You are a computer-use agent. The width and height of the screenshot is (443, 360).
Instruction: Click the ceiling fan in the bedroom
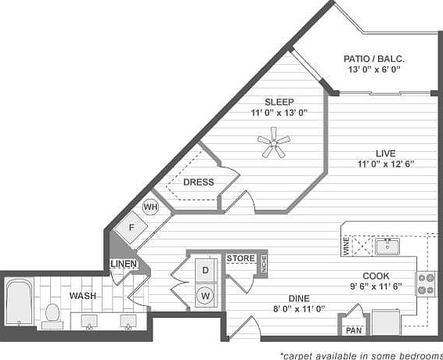tap(274, 143)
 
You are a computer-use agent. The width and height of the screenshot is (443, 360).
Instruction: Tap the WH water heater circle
tap(151, 207)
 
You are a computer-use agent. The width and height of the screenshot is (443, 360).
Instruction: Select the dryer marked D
tap(205, 269)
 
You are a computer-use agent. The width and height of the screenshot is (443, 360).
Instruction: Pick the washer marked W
tap(205, 296)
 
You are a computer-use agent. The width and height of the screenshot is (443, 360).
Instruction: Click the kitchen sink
tap(386, 247)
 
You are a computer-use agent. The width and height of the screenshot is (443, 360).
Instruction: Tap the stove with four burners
tap(427, 283)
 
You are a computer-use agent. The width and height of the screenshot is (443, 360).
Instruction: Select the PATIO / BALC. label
tap(374, 59)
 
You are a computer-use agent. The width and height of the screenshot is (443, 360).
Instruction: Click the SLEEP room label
tap(279, 101)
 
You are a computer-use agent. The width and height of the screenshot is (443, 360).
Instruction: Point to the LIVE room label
tap(384, 153)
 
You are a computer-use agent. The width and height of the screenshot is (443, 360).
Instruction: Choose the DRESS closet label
tap(198, 182)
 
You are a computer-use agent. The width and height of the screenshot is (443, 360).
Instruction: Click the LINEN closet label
tap(124, 264)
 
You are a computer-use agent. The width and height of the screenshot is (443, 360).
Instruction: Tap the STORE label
tap(240, 257)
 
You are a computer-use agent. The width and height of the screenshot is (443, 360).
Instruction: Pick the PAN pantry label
tap(354, 329)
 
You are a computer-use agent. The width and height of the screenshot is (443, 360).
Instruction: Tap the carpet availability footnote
tap(361, 355)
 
